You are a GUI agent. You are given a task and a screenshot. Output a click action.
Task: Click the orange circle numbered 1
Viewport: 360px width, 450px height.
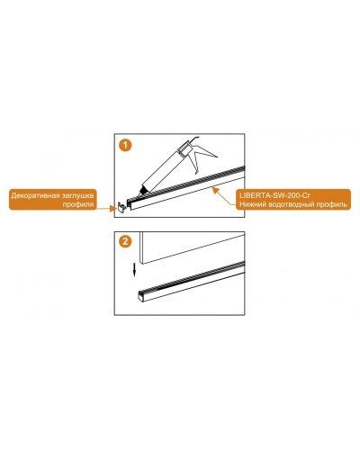click(125, 146)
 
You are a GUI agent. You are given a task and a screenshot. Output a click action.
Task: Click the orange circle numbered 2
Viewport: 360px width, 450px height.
click(125, 241)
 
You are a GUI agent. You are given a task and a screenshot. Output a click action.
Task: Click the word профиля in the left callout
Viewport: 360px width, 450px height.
click(78, 205)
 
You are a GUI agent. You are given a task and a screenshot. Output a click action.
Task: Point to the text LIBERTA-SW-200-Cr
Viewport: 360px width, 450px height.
click(274, 195)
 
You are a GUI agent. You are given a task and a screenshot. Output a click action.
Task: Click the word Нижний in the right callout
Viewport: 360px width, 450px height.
click(252, 204)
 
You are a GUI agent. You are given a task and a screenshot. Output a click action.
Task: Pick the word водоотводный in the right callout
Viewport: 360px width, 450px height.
click(292, 204)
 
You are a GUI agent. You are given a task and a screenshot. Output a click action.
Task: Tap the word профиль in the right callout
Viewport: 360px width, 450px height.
click(333, 204)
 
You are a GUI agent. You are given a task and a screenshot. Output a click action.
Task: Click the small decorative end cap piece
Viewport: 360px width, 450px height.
click(121, 207)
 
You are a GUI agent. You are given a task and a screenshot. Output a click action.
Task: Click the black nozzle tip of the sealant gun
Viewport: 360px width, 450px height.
click(142, 191)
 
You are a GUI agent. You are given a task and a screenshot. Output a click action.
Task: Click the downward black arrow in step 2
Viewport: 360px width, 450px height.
click(135, 269)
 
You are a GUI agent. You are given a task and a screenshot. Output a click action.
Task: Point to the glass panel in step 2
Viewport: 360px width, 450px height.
click(192, 247)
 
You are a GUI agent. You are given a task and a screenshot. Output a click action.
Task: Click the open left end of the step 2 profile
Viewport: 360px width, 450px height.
click(141, 295)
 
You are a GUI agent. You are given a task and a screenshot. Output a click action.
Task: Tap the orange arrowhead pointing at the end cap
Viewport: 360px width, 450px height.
click(113, 208)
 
